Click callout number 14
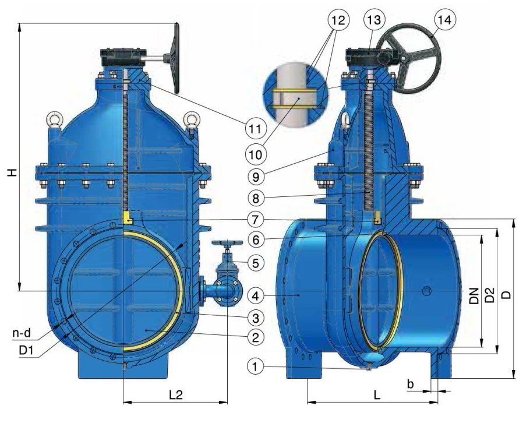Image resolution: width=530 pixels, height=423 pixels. (444, 20)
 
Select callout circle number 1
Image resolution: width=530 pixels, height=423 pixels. (256, 366)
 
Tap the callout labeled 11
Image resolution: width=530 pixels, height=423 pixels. (255, 129)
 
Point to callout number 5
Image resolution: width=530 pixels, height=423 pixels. (256, 263)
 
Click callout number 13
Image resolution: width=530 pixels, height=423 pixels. (374, 20)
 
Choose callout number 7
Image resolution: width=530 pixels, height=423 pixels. (256, 220)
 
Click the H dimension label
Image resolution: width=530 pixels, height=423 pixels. (12, 172)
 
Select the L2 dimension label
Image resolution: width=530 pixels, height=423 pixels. (175, 394)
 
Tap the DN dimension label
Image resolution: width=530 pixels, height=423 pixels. (475, 295)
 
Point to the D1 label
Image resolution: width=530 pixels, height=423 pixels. (26, 350)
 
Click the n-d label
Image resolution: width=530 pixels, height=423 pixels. (22, 333)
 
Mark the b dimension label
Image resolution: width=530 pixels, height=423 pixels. (410, 384)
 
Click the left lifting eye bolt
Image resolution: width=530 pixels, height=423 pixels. (54, 121)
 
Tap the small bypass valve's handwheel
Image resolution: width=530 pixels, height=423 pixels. (227, 243)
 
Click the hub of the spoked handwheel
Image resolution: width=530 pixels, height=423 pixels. (402, 58)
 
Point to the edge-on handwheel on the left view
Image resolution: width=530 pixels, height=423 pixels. (176, 58)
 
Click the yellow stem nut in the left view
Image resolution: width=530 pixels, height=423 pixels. (128, 217)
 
